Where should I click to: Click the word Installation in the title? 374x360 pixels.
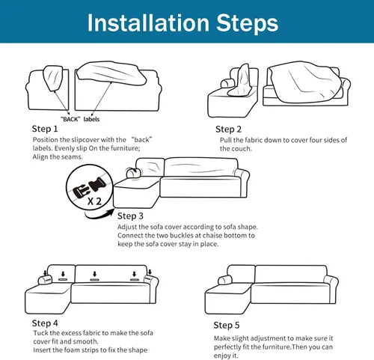point(148,23)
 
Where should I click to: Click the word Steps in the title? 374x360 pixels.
point(247,25)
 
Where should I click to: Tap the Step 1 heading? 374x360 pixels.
point(45,129)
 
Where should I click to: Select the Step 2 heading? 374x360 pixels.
point(228,129)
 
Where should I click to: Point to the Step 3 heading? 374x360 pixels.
point(130,216)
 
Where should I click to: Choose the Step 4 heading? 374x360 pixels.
point(45,323)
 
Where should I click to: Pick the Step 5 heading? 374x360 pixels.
point(227,326)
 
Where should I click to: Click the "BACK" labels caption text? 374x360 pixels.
point(80,119)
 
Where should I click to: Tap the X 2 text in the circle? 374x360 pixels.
point(94,201)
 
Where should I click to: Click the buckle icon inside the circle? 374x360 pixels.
point(89,188)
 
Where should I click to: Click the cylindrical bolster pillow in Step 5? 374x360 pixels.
point(225,280)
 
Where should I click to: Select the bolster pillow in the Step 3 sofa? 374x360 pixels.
point(132,172)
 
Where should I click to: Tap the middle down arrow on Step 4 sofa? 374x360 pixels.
point(94,274)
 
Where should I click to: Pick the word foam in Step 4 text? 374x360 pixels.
point(71,350)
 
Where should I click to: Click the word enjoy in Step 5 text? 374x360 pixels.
point(222,356)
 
